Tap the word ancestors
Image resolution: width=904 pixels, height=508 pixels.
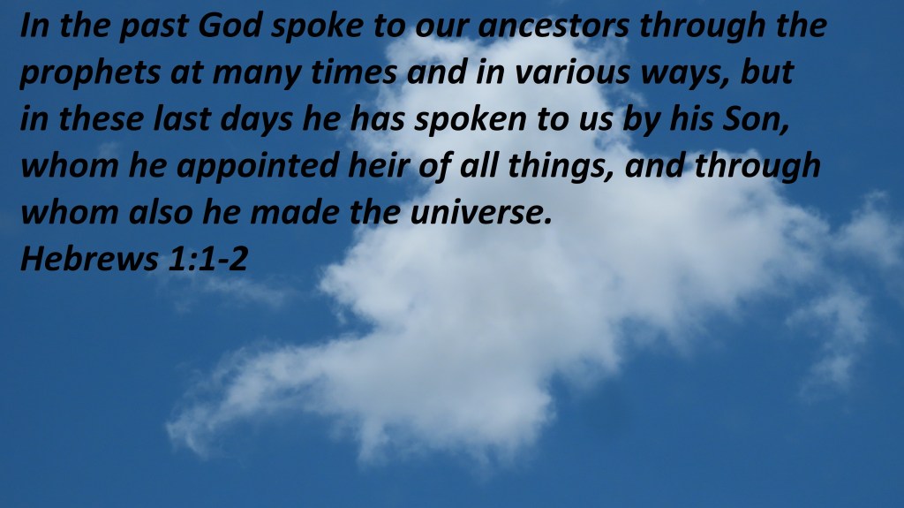pyautogui.click(x=554, y=27)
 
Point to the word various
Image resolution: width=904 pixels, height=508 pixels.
pyautogui.click(x=572, y=72)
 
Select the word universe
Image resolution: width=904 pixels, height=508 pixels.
pyautogui.click(x=481, y=213)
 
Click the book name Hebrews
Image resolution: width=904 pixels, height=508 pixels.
pyautogui.click(x=89, y=259)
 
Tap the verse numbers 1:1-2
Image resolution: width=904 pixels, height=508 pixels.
pyautogui.click(x=207, y=259)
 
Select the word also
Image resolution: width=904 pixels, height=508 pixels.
pyautogui.click(x=161, y=212)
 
